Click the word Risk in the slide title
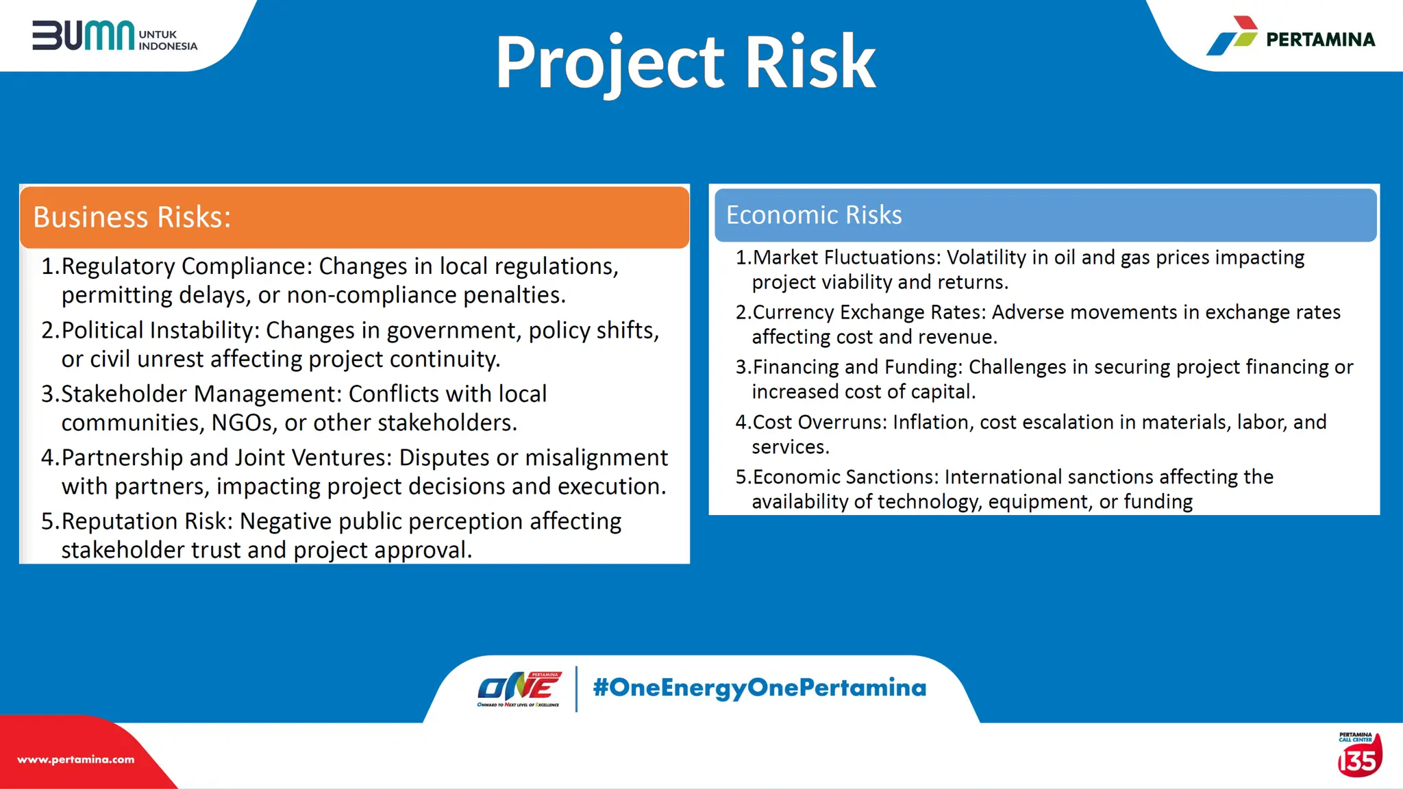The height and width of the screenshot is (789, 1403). [x=810, y=63]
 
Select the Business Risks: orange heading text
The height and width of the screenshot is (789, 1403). [x=132, y=217]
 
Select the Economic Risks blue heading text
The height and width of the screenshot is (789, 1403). [x=814, y=215]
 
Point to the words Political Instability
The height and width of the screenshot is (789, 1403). [x=160, y=330]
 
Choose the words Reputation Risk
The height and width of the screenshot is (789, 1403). [x=147, y=521]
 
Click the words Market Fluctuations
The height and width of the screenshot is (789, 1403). [x=847, y=258]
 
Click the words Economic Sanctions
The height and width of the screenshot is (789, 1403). [x=845, y=477]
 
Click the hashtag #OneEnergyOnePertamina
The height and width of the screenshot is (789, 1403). [x=759, y=688]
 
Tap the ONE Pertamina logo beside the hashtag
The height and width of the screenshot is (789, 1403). [x=519, y=689]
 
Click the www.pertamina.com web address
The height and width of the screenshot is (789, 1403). [x=76, y=760]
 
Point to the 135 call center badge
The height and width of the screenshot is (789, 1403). [x=1359, y=756]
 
